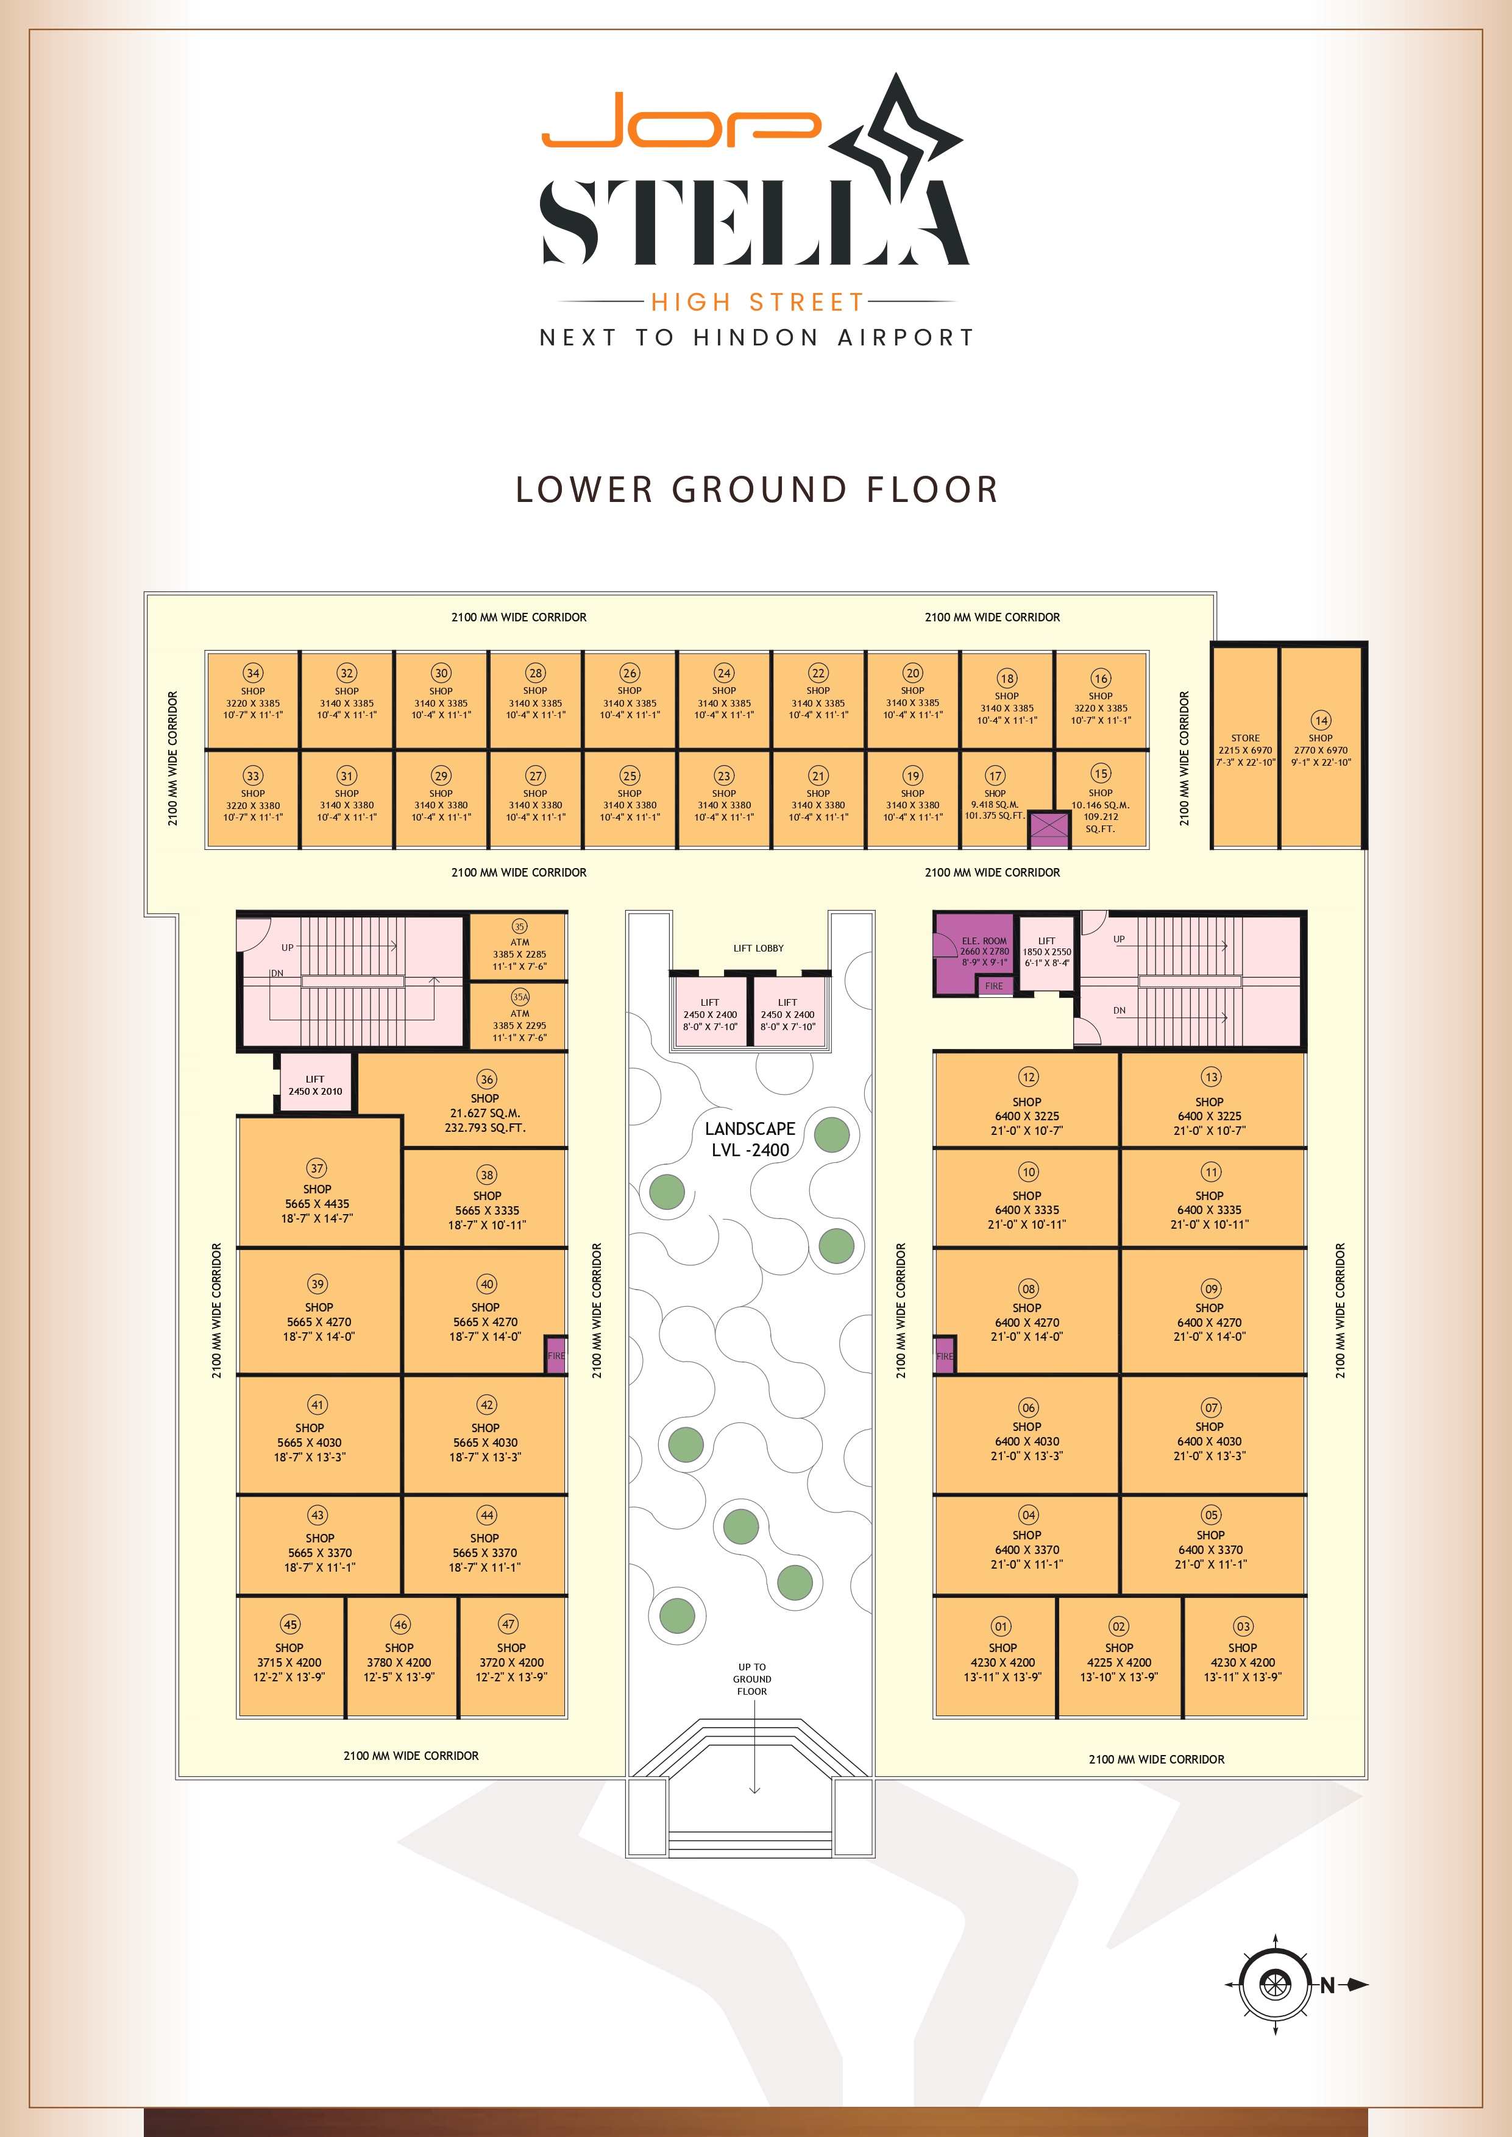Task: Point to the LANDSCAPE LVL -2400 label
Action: click(750, 1139)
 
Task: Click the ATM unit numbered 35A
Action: click(519, 1016)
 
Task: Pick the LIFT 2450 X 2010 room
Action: click(316, 1083)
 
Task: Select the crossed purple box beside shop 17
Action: click(1048, 825)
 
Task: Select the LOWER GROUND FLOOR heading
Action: click(757, 490)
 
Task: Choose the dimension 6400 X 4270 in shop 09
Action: click(1209, 1323)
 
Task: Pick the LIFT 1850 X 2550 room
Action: click(1046, 952)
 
